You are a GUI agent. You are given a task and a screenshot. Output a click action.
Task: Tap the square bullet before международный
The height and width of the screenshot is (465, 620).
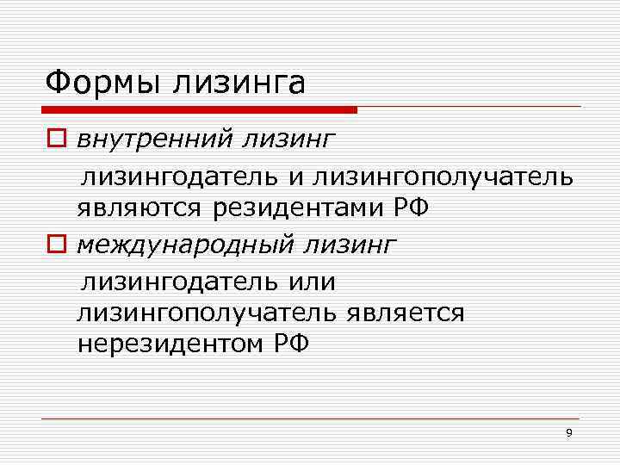click(55, 246)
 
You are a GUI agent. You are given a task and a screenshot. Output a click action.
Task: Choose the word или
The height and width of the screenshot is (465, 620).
click(313, 282)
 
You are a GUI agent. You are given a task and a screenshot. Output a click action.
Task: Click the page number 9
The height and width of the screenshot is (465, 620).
click(568, 432)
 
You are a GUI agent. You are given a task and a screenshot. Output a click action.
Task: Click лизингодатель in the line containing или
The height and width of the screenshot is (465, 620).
click(180, 282)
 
